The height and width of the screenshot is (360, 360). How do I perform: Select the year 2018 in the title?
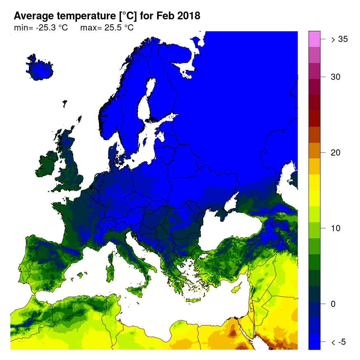[188, 16]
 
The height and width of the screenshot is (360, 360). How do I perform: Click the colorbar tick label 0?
[334, 304]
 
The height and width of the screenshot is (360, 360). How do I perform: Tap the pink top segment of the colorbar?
[314, 39]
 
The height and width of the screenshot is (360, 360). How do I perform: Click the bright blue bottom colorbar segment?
[314, 342]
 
